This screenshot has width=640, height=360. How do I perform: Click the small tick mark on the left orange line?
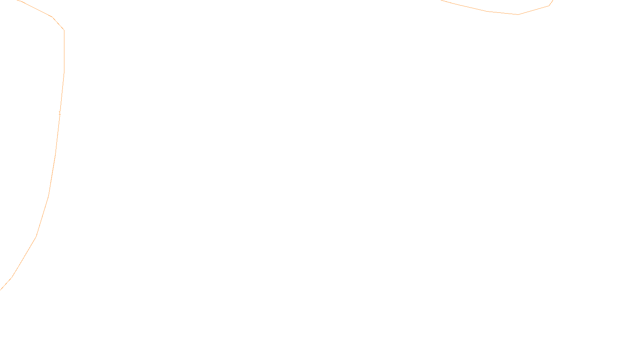coord(60,114)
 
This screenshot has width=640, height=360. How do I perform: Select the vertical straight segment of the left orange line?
coord(64,52)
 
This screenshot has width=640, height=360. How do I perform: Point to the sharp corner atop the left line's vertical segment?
coord(64,30)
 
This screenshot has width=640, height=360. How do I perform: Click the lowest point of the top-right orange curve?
coord(518,14)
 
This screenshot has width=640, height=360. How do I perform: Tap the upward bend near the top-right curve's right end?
coord(549,6)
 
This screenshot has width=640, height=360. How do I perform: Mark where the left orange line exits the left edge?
coord(1,289)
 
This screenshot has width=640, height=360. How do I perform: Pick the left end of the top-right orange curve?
coord(441,0)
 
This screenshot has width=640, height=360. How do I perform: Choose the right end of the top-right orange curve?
coord(553,0)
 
